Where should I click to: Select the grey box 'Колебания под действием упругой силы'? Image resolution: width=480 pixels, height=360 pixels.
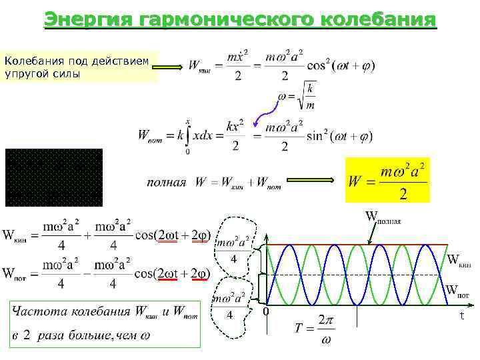(80, 67)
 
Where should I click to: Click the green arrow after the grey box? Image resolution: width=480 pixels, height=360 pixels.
(172, 67)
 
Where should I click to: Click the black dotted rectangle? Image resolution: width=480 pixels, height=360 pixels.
(53, 177)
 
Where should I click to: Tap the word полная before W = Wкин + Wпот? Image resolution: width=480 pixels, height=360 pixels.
(166, 182)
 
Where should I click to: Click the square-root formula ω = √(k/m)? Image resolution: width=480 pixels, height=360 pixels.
(297, 95)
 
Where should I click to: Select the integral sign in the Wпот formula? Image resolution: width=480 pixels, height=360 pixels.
(189, 135)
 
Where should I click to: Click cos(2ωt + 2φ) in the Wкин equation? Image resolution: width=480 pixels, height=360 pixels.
(173, 236)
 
